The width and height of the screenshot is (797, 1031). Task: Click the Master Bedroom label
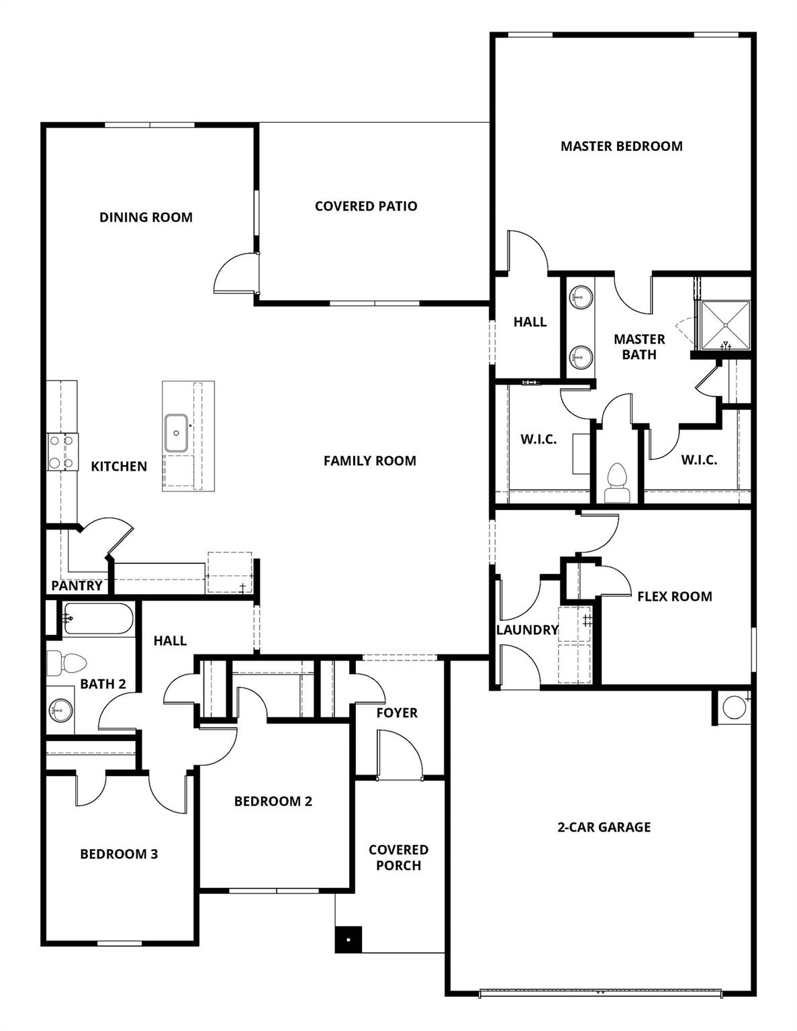point(621,146)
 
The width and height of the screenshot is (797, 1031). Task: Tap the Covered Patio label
point(366,206)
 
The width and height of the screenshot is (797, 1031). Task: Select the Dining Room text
point(146,217)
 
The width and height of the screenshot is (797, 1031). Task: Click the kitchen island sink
point(176,433)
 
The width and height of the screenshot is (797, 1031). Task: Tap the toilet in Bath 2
point(66,663)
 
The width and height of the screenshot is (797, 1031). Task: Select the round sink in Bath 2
point(61,709)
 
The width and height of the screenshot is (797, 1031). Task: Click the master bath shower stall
point(725,325)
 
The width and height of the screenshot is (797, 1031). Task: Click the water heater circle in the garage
point(733,707)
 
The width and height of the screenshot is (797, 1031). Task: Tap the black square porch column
point(348,940)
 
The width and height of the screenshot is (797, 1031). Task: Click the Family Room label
point(369,461)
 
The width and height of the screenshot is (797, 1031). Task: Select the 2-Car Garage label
point(604,828)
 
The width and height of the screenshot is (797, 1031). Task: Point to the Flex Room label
point(674,597)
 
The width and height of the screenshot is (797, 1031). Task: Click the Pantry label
point(77,586)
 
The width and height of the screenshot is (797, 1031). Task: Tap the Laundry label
point(527,630)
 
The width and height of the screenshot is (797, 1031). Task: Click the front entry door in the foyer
point(400,755)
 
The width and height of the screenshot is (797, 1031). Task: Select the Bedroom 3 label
point(119,854)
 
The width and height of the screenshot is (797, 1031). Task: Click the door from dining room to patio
point(235,274)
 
